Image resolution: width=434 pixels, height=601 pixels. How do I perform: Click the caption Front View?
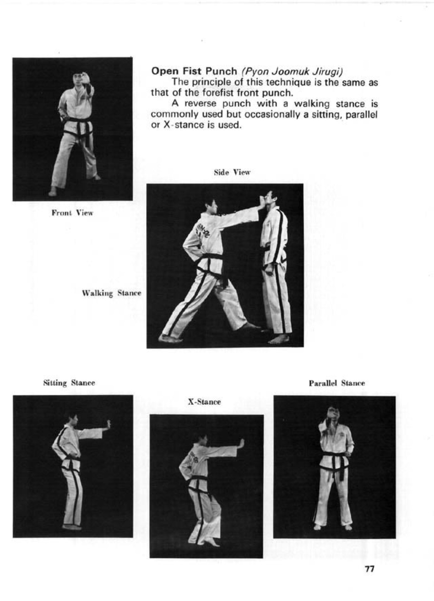click(x=73, y=213)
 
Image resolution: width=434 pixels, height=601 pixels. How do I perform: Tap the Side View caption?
click(x=232, y=172)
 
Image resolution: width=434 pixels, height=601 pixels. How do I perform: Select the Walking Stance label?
click(x=111, y=293)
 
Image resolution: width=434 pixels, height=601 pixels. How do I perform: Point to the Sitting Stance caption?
click(x=69, y=383)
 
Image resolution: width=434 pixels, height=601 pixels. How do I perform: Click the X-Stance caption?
click(x=204, y=402)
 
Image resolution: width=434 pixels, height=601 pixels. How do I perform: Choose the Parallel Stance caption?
click(x=337, y=383)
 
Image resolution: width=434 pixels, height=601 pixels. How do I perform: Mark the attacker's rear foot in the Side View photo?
click(x=170, y=338)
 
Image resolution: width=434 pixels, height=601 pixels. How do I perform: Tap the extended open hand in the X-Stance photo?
click(x=241, y=443)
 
